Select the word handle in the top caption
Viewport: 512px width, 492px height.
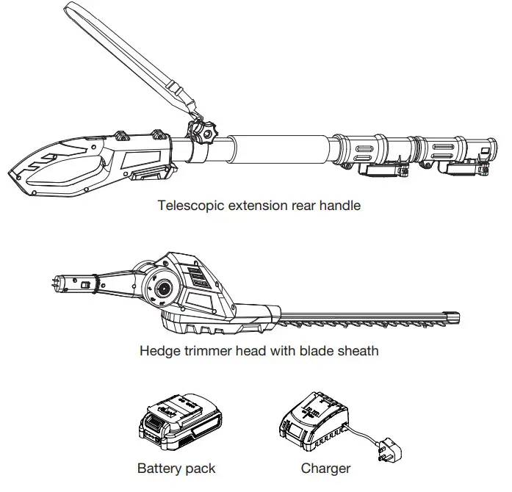341,206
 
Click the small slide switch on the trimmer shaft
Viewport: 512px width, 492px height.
87,284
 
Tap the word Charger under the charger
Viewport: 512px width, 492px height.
325,469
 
